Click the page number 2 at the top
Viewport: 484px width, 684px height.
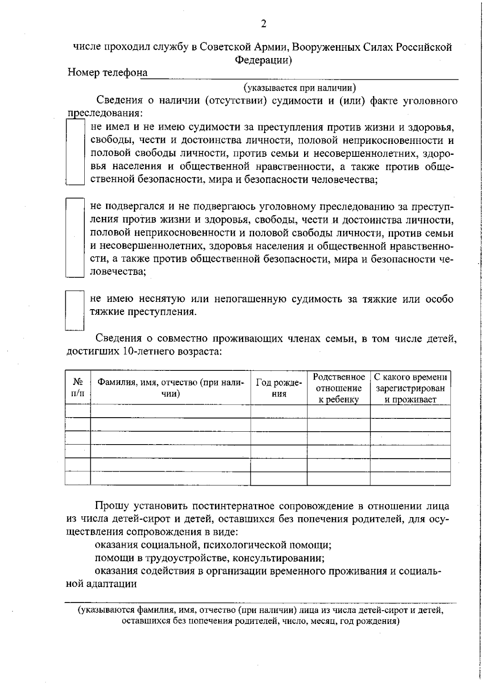tap(263, 24)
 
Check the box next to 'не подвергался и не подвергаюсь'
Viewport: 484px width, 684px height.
tap(75, 237)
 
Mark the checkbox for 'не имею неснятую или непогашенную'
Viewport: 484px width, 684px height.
tap(75, 310)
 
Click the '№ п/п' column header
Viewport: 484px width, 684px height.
tap(78, 387)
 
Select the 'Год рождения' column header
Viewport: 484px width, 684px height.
tap(279, 388)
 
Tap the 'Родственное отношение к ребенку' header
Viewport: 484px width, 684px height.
tap(339, 388)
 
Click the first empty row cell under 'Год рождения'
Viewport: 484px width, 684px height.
tap(279, 411)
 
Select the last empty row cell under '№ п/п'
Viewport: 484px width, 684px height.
tap(78, 478)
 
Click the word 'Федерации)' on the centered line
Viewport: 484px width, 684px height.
tap(263, 60)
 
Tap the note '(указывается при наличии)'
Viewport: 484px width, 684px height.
tap(299, 87)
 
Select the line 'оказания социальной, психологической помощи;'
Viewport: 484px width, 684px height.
tap(213, 545)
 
